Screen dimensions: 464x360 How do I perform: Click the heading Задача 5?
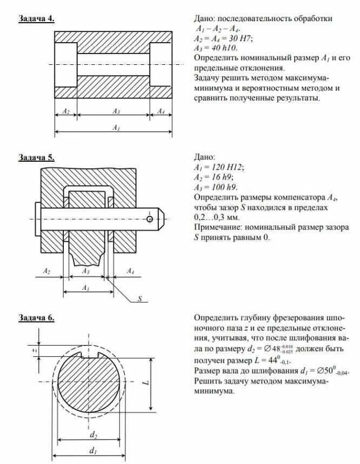[37, 157]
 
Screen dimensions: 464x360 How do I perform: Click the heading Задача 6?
[37, 317]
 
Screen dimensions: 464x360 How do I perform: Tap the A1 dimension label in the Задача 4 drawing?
[115, 127]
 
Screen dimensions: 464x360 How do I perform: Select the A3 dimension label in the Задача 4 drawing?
[115, 110]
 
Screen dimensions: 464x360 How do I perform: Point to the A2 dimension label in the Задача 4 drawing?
[66, 110]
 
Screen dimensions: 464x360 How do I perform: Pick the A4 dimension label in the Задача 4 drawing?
[161, 110]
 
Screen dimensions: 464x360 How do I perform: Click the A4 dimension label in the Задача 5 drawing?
[130, 269]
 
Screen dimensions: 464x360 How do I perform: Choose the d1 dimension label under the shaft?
[93, 450]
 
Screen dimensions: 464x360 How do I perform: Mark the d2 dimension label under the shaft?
[93, 433]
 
